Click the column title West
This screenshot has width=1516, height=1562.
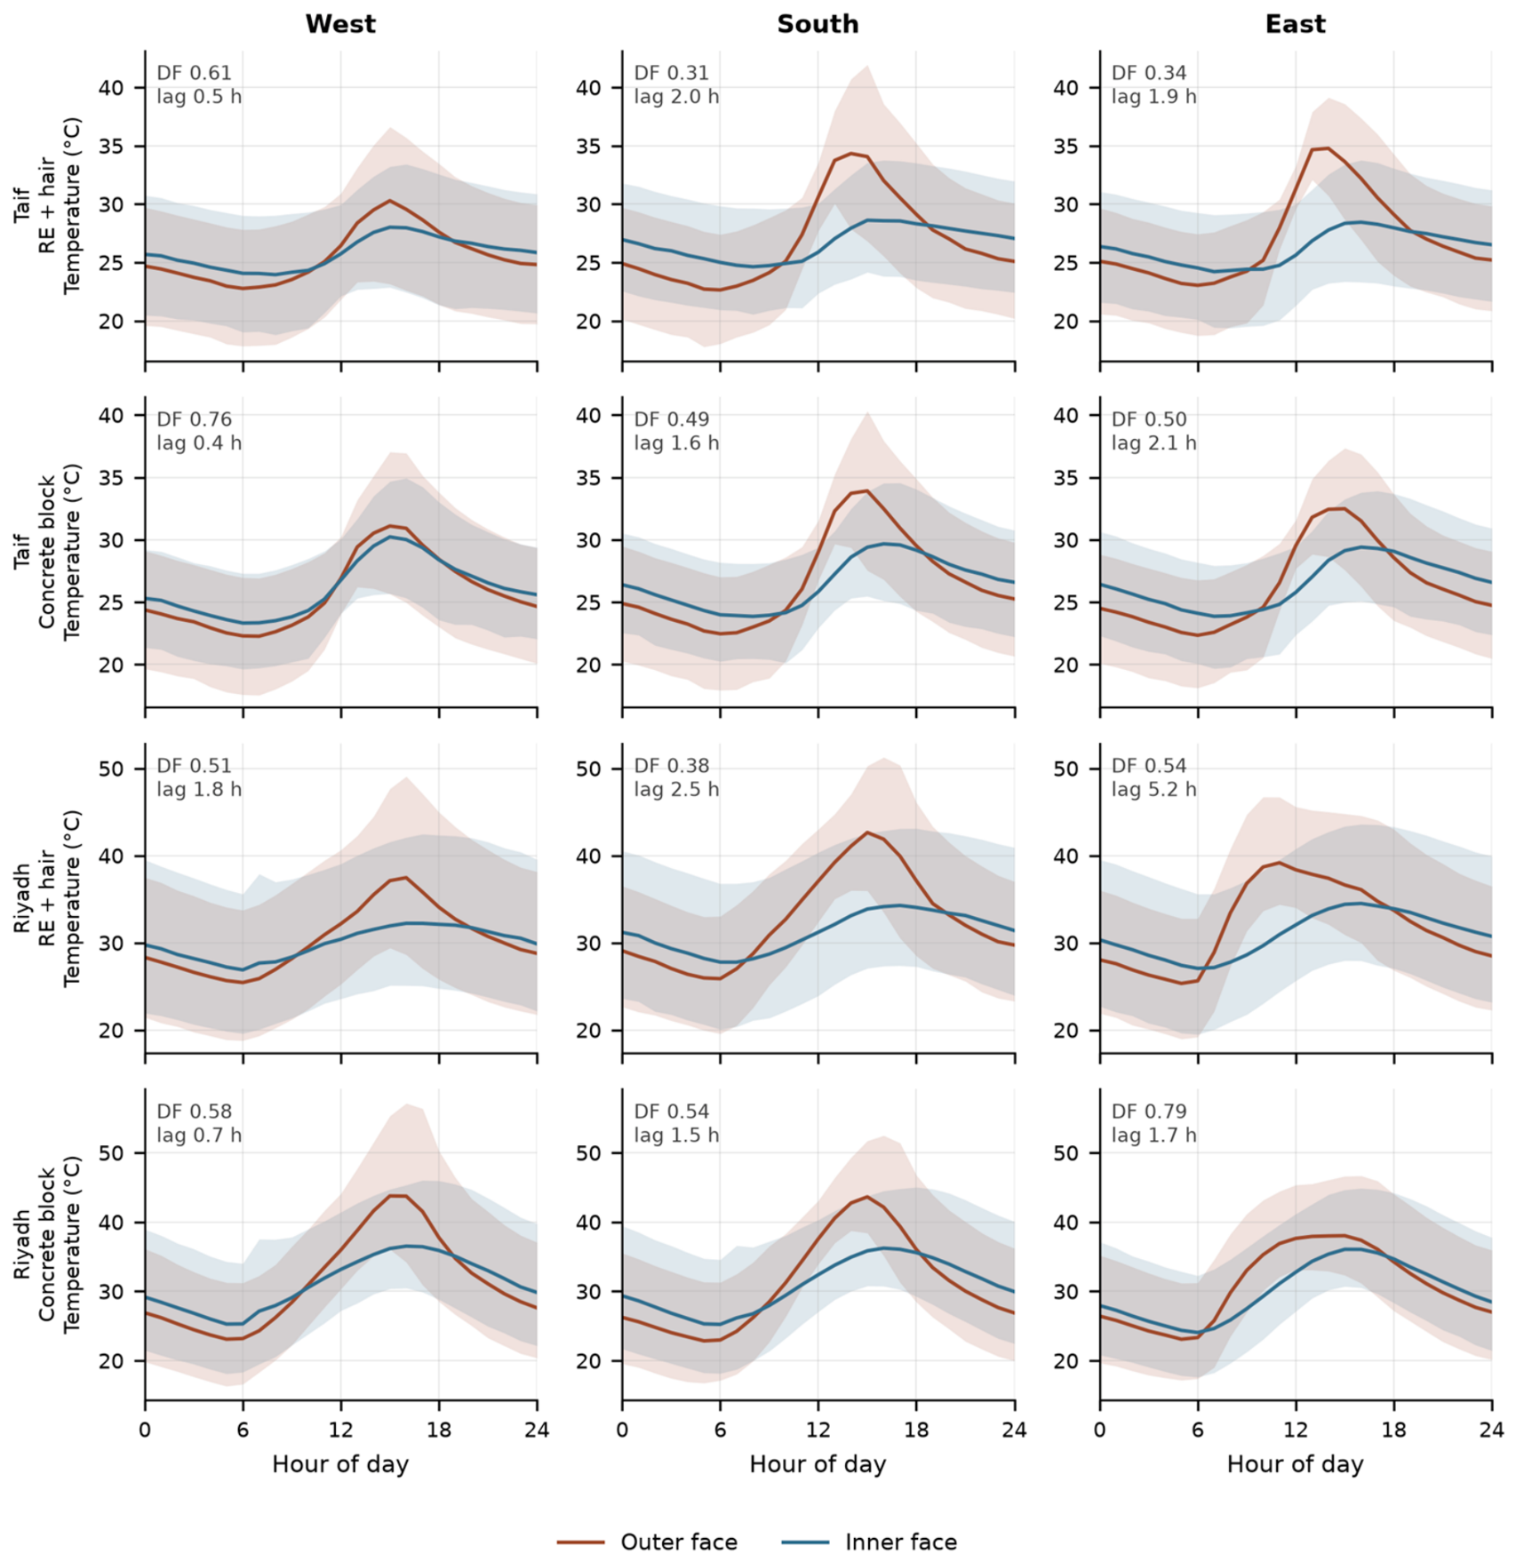tap(340, 24)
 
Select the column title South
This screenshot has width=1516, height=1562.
tap(818, 24)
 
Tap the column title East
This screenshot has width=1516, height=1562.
tap(1295, 24)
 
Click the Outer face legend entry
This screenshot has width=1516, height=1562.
tap(647, 1542)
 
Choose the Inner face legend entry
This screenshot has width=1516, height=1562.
tap(869, 1542)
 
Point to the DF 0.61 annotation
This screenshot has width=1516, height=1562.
tap(194, 73)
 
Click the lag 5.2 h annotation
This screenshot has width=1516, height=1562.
tap(1153, 789)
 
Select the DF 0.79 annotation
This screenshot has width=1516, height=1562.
tap(1149, 1112)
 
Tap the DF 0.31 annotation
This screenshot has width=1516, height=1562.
tap(671, 73)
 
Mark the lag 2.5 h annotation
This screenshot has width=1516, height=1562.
tap(676, 789)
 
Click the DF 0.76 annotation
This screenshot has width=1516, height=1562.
tap(194, 419)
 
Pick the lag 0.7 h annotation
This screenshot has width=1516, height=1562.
tap(199, 1135)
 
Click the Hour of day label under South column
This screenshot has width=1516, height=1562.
tap(818, 1464)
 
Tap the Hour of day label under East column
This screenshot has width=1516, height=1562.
tap(1295, 1464)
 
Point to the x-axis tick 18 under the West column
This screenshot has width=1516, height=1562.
tap(438, 1430)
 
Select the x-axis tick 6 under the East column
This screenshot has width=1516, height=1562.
tap(1198, 1430)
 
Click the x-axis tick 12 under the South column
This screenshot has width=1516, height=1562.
tap(818, 1430)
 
